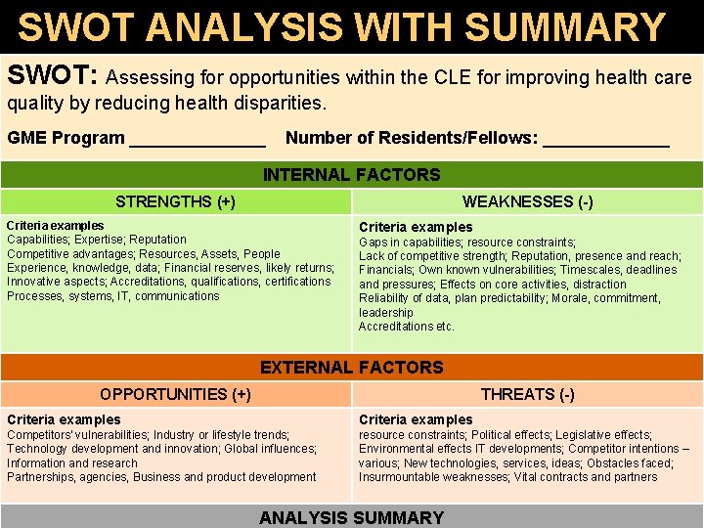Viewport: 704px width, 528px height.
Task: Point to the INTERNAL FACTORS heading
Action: coord(352,175)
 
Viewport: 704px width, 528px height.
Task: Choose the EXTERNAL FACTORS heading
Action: coord(352,368)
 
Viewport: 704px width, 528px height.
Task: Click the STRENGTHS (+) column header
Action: coord(175,202)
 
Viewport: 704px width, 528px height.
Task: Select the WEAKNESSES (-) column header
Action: coord(527,202)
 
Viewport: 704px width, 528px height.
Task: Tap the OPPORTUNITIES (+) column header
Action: coord(175,394)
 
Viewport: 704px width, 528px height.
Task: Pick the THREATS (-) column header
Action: coord(527,394)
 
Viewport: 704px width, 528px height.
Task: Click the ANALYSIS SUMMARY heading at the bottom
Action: coord(352,517)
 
